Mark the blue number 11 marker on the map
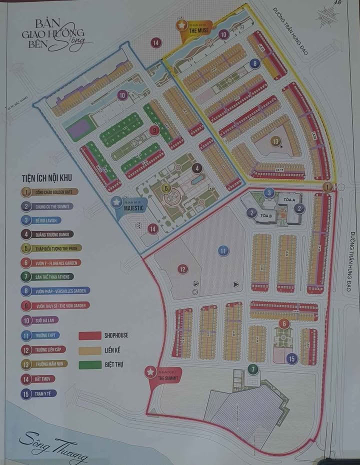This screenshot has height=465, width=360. click(x=223, y=250)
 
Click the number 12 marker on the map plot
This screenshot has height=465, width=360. click(x=182, y=269)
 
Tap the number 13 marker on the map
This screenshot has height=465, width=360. click(x=275, y=141)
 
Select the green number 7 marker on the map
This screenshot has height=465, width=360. click(x=253, y=369)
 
